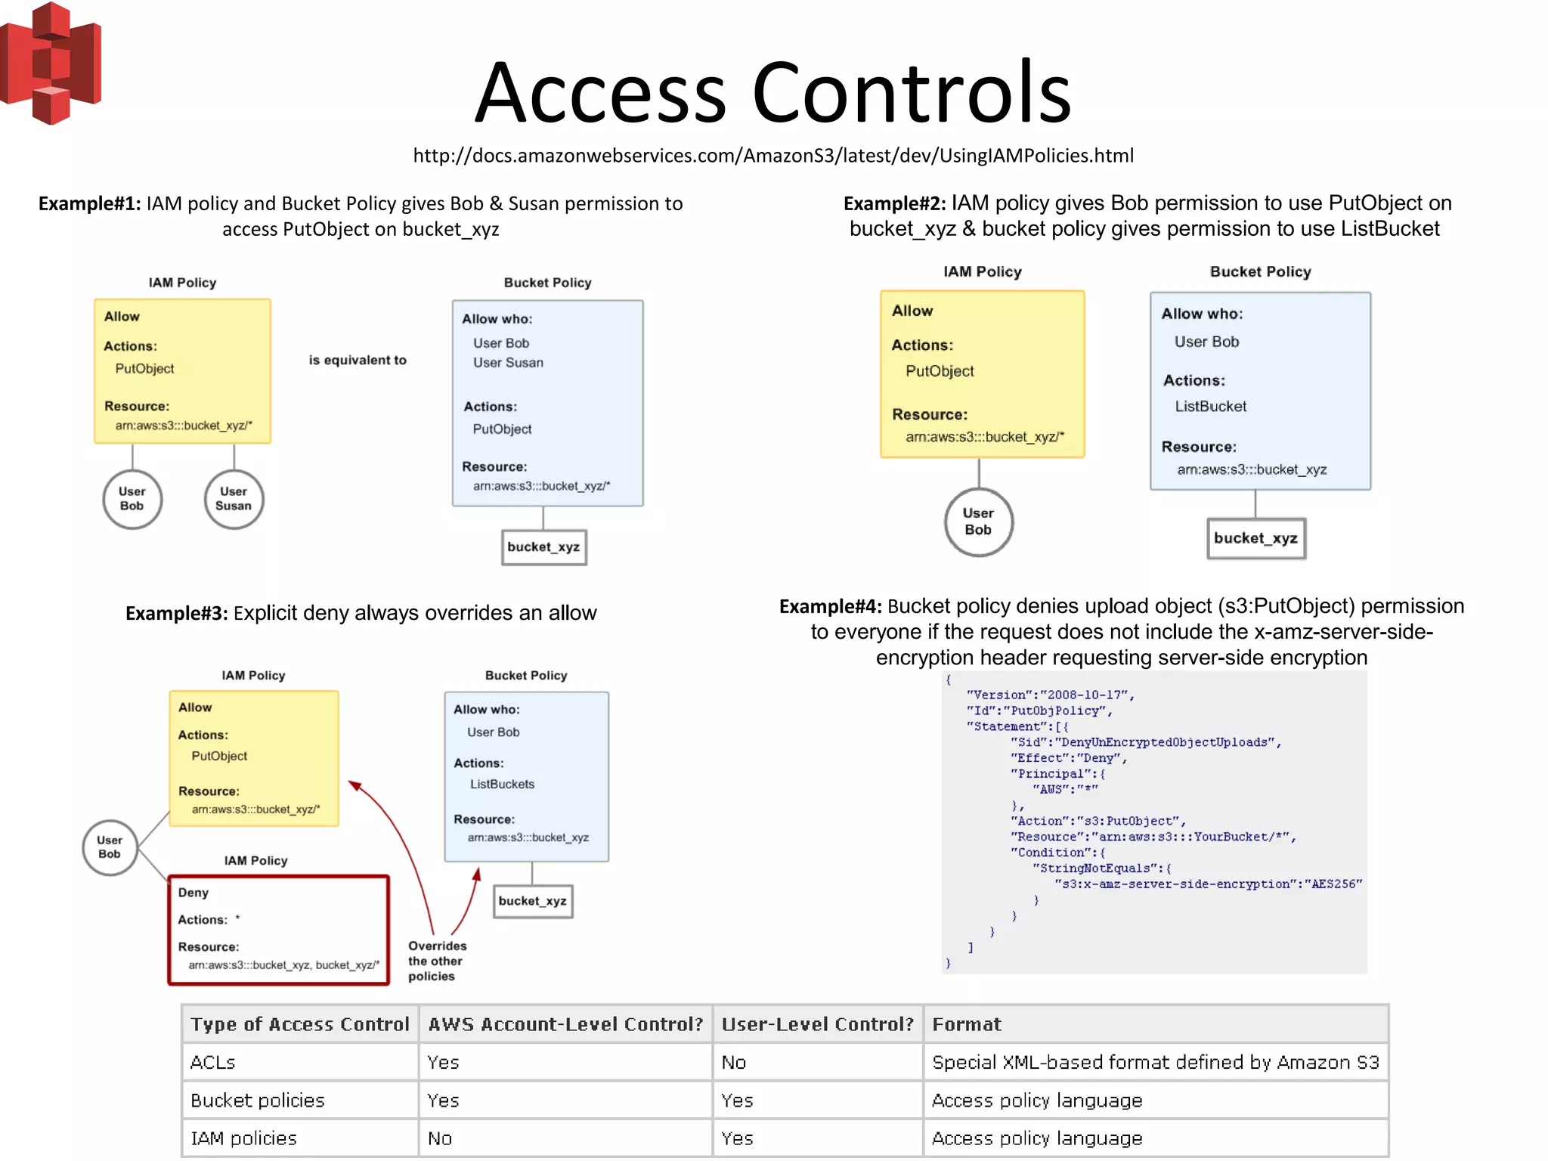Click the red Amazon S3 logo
click(x=51, y=63)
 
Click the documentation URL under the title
click(x=772, y=156)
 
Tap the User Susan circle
click(x=234, y=499)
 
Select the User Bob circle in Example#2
click(x=978, y=522)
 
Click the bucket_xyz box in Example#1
click(x=543, y=547)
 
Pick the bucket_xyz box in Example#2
click(x=1255, y=538)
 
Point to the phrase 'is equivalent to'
click(x=358, y=361)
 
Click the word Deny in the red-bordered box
click(x=193, y=893)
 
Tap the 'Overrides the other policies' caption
click(x=437, y=961)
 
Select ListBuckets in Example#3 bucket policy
click(x=502, y=785)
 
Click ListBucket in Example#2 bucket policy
click(x=1210, y=407)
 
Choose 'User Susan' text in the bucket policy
click(x=508, y=363)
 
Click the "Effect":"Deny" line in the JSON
click(x=1069, y=758)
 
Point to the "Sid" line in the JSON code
click(x=1145, y=742)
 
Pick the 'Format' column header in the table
click(x=966, y=1024)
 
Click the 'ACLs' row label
click(x=213, y=1062)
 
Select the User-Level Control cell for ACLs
click(x=734, y=1062)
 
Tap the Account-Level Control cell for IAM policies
click(x=440, y=1138)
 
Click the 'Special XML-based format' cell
click(x=1155, y=1062)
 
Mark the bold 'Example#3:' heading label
click(x=176, y=613)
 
